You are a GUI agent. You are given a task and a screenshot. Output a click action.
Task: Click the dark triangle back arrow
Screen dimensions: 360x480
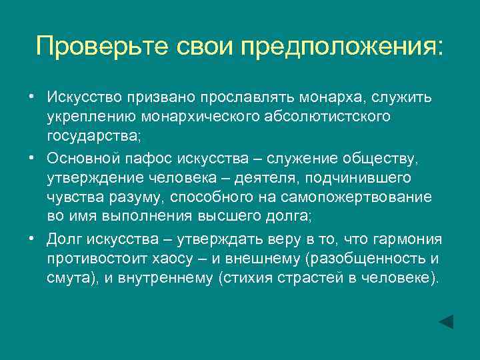coord(446,321)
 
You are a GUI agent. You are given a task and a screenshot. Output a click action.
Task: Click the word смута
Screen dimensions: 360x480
coord(68,278)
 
